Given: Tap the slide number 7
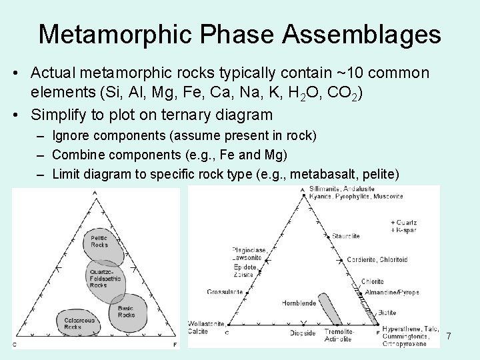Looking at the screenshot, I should point(448,336).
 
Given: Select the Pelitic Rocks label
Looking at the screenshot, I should point(99,241).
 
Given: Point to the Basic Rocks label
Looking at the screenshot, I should point(125,311).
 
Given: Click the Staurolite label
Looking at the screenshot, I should point(347,236).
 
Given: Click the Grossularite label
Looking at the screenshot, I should point(225,292).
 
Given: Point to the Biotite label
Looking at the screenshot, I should point(387,312).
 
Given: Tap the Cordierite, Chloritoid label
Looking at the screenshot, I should point(396,260).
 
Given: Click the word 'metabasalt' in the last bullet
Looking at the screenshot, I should point(335,174).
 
